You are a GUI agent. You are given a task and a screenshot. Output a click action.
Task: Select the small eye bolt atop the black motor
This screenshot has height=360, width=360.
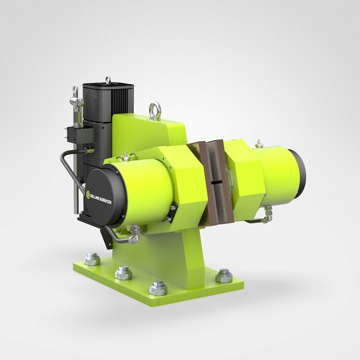(x=108, y=81)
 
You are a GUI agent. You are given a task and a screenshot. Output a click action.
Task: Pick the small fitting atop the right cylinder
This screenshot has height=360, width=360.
(x=258, y=144)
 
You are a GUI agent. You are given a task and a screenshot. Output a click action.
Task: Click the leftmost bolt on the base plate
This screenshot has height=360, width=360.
(x=92, y=259)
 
